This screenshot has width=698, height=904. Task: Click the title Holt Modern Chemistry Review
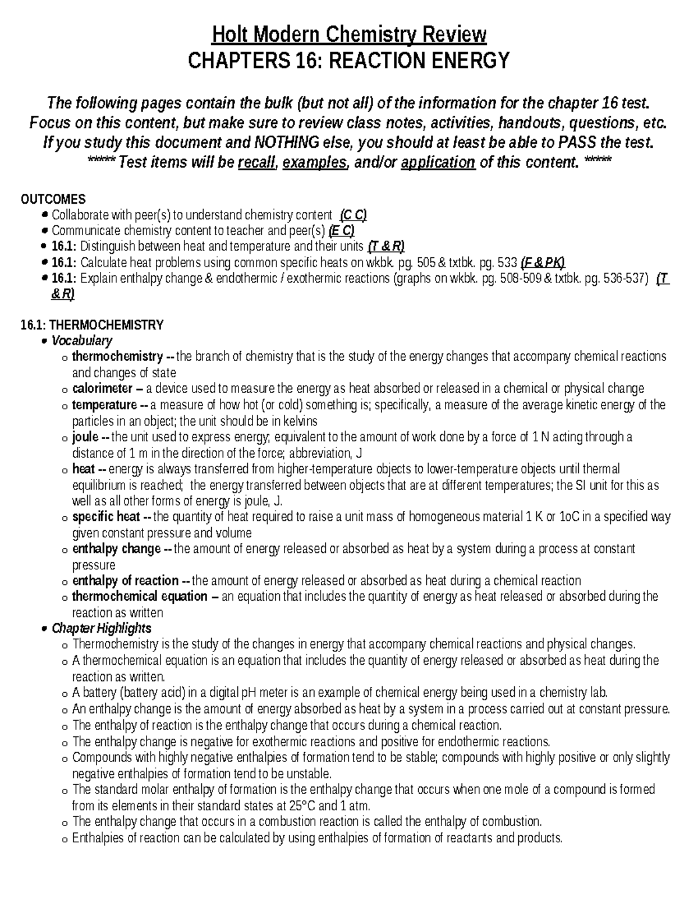348,35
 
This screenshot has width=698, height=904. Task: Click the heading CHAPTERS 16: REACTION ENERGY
348,60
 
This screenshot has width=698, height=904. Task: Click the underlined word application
438,162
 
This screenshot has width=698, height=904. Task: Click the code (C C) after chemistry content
353,215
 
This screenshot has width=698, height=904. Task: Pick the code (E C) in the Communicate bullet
341,231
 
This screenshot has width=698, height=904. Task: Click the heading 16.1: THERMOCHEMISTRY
92,325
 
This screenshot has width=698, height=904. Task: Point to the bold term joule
85,437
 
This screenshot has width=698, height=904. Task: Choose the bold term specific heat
106,517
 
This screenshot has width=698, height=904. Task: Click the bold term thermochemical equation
139,597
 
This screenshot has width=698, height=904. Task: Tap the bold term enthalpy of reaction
125,581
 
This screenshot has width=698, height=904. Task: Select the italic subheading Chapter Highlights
101,629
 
